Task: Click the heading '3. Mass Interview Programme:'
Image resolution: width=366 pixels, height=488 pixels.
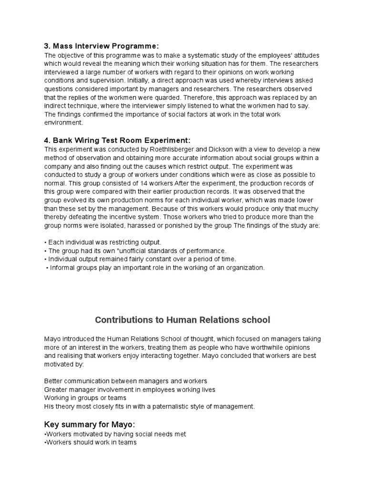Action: [101, 46]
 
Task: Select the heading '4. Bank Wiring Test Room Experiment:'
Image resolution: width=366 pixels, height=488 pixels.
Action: [117, 140]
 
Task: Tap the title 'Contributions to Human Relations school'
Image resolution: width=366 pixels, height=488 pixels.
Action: [183, 319]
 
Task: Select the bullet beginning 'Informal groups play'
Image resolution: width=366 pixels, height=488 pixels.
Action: [155, 268]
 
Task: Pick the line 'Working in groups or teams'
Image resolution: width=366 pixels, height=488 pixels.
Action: [85, 398]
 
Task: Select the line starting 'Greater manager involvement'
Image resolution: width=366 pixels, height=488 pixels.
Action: [130, 389]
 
